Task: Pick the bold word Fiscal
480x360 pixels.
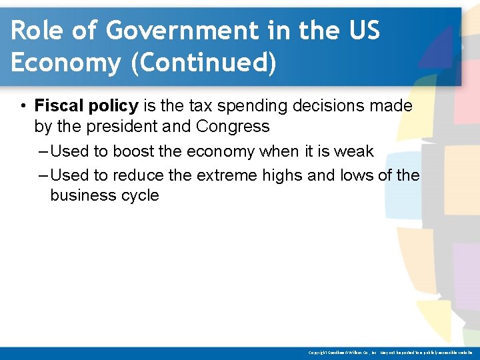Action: (59, 105)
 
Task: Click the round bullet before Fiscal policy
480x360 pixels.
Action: (23, 106)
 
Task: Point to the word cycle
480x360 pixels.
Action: (138, 196)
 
